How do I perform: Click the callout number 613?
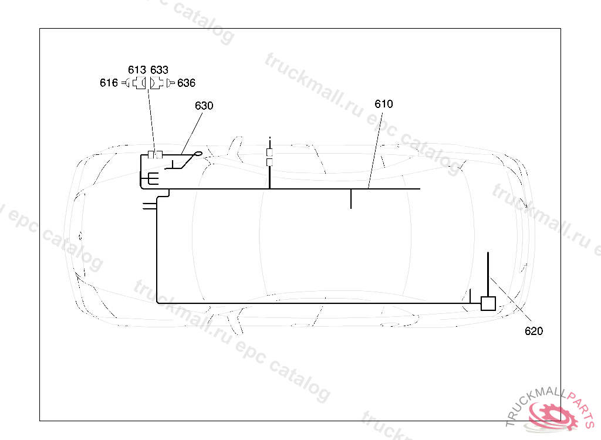137,70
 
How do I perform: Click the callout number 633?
159,70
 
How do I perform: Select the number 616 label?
109,83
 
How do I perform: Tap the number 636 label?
186,83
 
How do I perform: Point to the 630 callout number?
204,106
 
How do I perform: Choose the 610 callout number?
384,104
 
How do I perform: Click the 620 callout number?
534,331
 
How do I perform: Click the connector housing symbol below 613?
140,83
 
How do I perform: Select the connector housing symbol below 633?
156,83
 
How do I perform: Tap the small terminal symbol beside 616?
126,83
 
